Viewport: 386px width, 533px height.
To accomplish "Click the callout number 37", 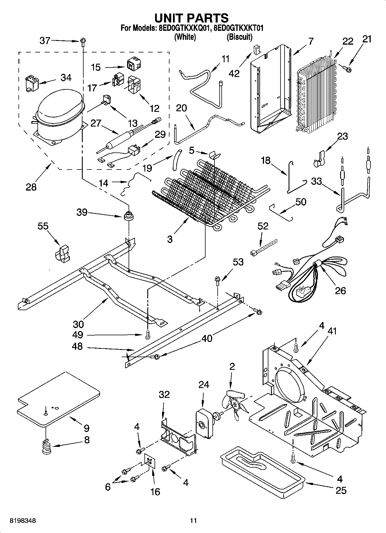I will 45,41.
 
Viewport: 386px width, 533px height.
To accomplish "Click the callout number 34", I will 66,78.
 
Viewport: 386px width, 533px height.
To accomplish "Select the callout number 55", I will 43,226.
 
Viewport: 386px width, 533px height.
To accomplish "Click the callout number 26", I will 340,291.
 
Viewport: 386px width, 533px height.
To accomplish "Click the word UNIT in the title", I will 168,18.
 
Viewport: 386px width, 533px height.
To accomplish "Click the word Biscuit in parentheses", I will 239,37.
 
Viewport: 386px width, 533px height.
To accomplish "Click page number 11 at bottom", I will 193,521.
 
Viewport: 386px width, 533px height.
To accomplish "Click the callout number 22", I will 348,41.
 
